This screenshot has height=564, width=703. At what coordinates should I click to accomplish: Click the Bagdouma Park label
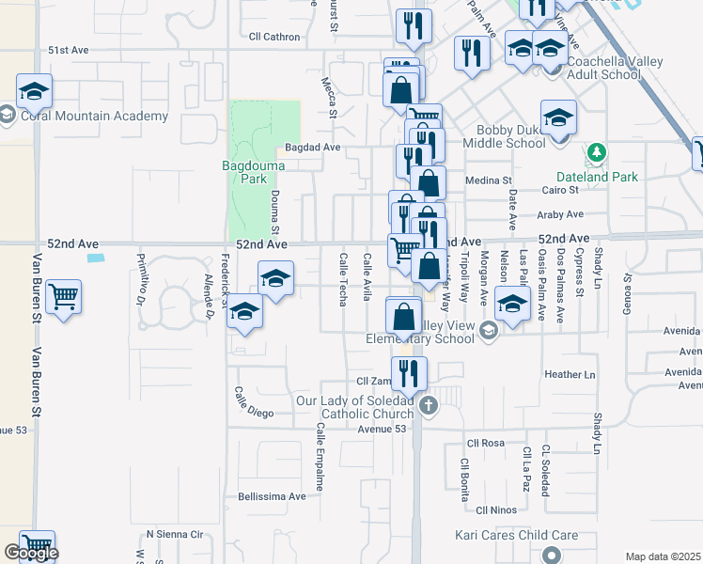click(x=245, y=172)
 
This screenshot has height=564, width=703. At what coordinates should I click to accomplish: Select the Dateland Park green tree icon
click(x=594, y=152)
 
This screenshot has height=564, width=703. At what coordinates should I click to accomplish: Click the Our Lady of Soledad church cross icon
click(x=429, y=406)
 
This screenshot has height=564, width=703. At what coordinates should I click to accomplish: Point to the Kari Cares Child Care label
click(x=516, y=536)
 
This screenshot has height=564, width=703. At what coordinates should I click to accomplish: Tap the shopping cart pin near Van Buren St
click(x=64, y=298)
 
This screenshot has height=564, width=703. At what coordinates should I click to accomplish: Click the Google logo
click(x=31, y=554)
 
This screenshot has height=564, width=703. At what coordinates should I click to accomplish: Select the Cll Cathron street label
click(x=274, y=38)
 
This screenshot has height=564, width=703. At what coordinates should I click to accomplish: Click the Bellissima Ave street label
click(x=272, y=496)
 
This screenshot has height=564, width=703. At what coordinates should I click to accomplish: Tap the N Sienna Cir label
click(x=174, y=535)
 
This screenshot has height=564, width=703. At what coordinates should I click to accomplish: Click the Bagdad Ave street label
click(x=312, y=148)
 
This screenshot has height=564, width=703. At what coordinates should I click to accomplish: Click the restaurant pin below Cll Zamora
click(x=409, y=373)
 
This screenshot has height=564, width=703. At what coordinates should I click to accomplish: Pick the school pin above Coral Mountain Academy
click(x=34, y=91)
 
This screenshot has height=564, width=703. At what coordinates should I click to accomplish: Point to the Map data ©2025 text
click(x=664, y=556)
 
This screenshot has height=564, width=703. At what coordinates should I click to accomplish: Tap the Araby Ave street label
click(x=561, y=214)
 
